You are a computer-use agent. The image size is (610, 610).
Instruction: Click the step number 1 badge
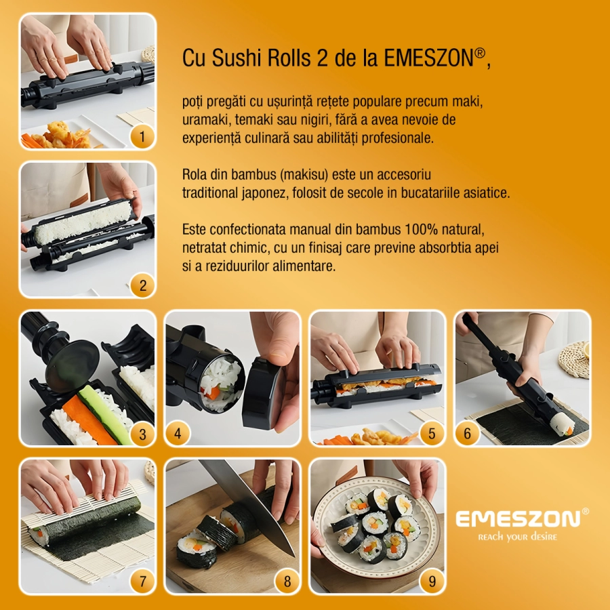142,138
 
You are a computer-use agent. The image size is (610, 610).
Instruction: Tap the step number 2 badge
142,285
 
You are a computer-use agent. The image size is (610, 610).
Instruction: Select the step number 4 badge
178,434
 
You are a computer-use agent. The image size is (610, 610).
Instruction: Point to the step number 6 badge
467,434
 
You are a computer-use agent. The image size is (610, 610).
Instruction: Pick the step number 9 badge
432,581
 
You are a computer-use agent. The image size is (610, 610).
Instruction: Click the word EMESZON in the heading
428,59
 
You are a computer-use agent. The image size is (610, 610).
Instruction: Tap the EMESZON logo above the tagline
518,519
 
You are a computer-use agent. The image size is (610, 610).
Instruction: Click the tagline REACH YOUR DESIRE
518,537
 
